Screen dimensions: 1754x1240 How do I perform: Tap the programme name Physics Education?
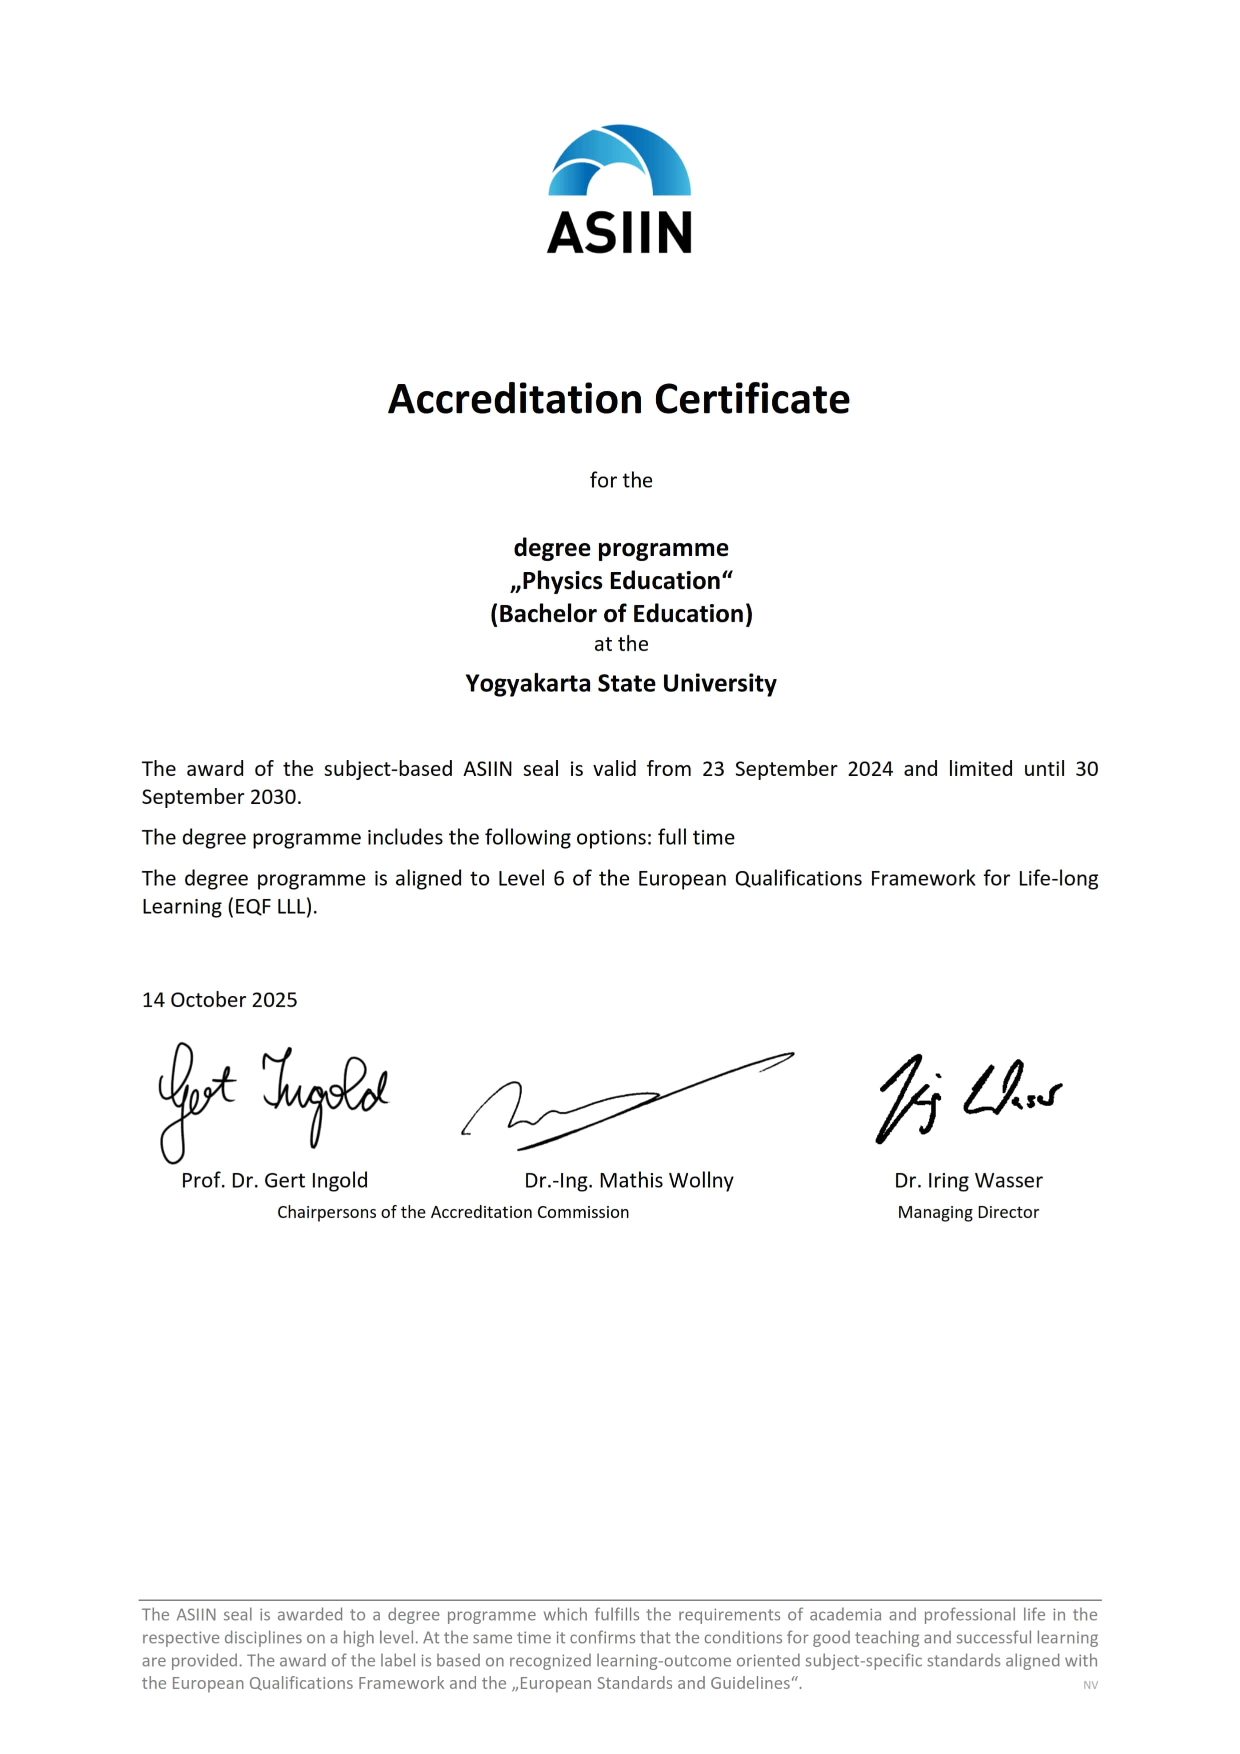(621, 580)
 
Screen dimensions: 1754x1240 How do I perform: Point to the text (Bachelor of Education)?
(621, 613)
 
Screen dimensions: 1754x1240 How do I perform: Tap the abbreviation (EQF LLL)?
(272, 907)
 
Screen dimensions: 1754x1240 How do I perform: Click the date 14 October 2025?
(219, 1000)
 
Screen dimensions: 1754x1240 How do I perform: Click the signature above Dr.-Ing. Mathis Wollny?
(626, 1104)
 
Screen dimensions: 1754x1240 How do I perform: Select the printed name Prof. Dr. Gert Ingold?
(274, 1180)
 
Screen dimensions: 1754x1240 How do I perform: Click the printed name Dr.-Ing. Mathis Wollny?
(629, 1180)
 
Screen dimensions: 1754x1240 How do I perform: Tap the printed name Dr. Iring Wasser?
(968, 1180)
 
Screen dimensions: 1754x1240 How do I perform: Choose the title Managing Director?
(968, 1212)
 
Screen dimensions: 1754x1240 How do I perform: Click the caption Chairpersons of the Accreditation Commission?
(453, 1212)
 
